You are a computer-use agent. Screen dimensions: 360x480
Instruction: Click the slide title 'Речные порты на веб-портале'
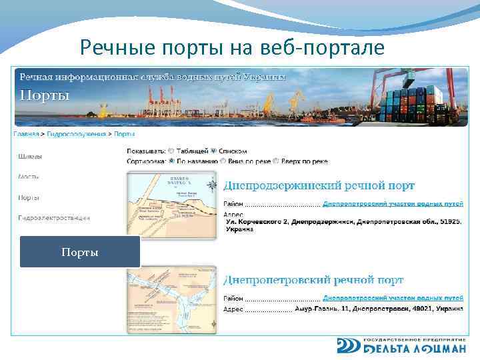231,47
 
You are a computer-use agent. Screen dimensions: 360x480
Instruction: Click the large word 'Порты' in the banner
45,95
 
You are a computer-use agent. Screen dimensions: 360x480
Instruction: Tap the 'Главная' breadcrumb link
27,133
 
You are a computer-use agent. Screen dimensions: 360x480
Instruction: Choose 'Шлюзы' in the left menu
29,157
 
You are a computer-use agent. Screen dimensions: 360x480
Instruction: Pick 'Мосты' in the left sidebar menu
29,177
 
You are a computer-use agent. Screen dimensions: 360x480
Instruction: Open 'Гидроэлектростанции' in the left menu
54,217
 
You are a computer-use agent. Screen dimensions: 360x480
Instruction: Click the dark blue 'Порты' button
80,252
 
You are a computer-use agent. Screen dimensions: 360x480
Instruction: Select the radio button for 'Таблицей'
171,151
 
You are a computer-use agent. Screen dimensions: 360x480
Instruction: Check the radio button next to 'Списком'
214,151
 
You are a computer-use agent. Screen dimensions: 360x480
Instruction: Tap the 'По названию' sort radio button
171,161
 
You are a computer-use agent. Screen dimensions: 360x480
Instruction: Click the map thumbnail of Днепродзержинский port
172,205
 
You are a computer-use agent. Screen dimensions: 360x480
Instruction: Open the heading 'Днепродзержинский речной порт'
319,185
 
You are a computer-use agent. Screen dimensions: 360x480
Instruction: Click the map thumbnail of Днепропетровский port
172,298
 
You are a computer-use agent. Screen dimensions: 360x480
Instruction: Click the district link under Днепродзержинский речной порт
393,203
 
